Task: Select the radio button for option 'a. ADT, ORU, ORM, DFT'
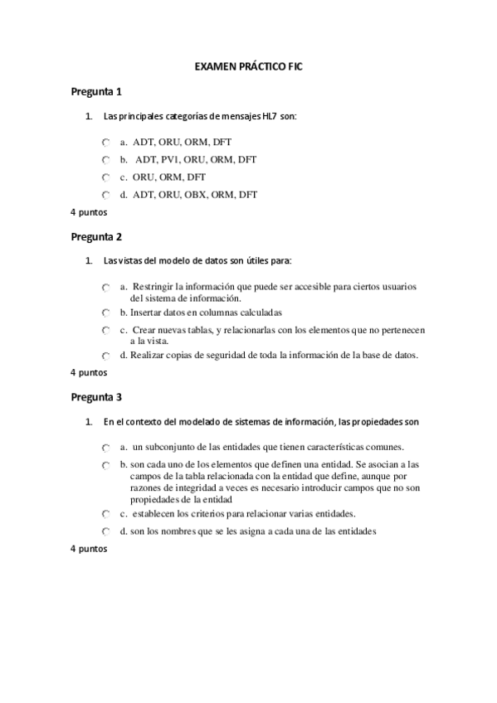[105, 143]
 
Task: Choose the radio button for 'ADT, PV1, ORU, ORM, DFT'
[105, 160]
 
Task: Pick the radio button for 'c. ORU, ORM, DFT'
[105, 177]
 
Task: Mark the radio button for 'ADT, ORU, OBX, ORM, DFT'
[105, 196]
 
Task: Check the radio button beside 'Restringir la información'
[105, 288]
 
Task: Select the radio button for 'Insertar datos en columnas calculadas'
[105, 313]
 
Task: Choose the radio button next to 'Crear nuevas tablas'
[105, 331]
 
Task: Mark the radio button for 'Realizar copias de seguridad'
[105, 356]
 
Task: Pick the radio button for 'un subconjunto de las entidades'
[105, 448]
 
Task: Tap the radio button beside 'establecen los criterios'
[105, 514]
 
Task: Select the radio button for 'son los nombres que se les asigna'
[105, 531]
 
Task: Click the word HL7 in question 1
[270, 117]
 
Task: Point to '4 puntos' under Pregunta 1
[89, 212]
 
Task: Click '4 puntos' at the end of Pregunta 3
[89, 549]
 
